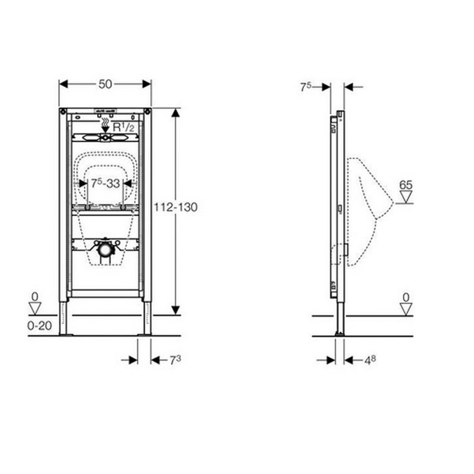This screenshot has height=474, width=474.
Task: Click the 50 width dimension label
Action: (105, 84)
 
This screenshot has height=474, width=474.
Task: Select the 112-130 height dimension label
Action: (176, 207)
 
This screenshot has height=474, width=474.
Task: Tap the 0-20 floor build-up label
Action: (39, 326)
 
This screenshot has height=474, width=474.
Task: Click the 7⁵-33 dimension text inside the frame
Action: (105, 183)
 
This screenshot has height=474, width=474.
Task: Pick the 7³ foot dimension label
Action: (175, 360)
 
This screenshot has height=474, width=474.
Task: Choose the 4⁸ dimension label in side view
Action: (370, 360)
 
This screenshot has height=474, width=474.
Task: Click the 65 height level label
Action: (406, 185)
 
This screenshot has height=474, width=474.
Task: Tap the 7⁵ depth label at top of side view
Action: (305, 87)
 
